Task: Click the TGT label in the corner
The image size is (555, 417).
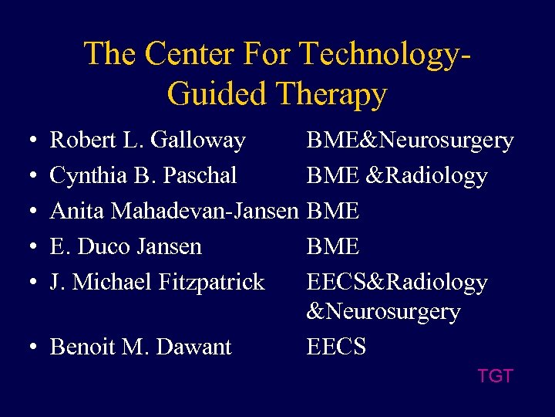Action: coord(495,376)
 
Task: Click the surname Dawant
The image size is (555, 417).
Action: coord(194,347)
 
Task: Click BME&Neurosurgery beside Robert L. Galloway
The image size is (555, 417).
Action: coord(410,141)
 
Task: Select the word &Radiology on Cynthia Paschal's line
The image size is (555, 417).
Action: coord(427,176)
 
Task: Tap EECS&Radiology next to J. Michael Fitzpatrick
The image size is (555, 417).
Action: coord(397,283)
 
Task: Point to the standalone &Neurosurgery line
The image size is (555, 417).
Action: coord(384,312)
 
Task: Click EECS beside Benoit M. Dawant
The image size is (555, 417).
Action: coord(336,347)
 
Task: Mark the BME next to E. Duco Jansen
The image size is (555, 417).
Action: coord(333,247)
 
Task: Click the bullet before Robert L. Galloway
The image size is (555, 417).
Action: coord(28,141)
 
